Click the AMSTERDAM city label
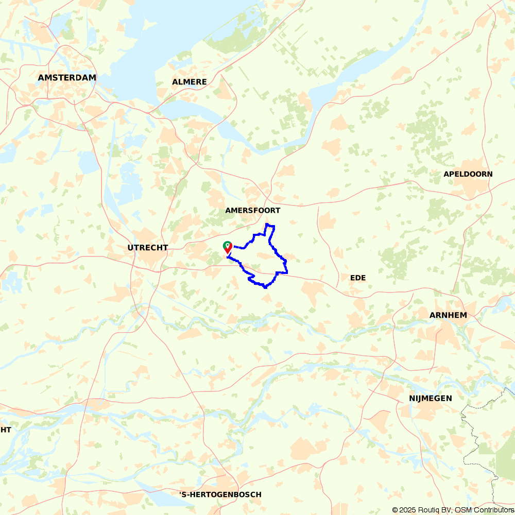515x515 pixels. pos(67,78)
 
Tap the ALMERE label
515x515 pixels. pos(190,82)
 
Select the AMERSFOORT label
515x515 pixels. pos(253,211)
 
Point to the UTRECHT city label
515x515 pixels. pos(148,248)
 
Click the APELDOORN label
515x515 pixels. pos(468,174)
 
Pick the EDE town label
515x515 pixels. pos(358,278)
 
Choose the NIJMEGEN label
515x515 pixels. pos(431,398)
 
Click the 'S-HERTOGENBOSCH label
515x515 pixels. pos(220,494)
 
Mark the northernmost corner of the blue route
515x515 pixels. pos(266,225)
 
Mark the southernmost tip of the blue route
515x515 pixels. pos(265,287)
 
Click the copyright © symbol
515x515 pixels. pos(396,510)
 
